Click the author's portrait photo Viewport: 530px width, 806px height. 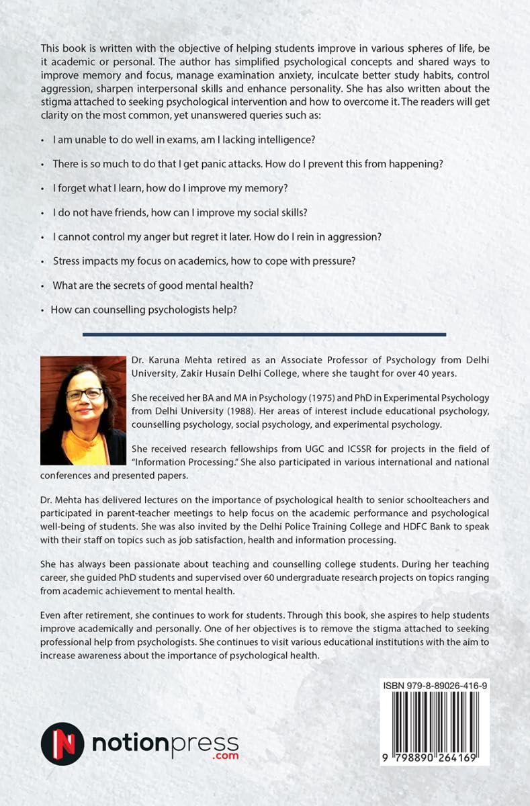click(83, 401)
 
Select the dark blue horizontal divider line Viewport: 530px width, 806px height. click(264, 334)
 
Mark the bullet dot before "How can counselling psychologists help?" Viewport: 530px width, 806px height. click(42, 310)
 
